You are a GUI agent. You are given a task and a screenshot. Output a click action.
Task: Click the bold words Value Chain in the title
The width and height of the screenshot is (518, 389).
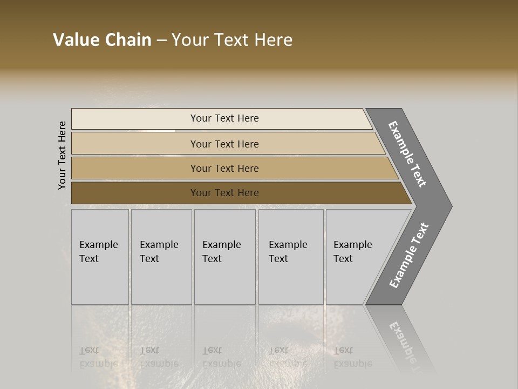click(102, 40)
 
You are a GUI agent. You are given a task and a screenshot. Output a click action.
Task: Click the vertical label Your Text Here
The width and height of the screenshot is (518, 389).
click(63, 156)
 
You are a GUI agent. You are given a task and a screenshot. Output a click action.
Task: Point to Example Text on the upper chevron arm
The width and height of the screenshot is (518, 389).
click(407, 154)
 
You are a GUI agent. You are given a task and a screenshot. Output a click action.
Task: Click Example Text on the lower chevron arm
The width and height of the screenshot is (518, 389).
click(408, 255)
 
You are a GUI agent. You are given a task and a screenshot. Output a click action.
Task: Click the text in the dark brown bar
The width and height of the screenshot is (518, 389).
click(224, 193)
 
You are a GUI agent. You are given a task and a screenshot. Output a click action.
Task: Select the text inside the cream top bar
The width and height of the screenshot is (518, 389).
click(224, 118)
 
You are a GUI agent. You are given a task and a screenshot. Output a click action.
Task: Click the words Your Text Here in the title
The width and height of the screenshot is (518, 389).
click(232, 40)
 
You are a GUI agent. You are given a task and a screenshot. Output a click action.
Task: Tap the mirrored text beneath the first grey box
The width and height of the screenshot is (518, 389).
click(98, 357)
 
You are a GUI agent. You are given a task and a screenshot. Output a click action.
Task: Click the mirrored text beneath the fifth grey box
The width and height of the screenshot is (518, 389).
click(352, 357)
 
